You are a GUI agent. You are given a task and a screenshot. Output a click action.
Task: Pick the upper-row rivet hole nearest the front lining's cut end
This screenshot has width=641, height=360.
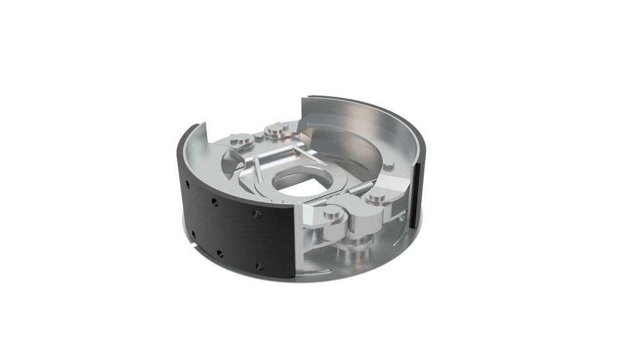tap(256, 214)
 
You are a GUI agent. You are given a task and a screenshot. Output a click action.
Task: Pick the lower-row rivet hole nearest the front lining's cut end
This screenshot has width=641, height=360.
tap(259, 266)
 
